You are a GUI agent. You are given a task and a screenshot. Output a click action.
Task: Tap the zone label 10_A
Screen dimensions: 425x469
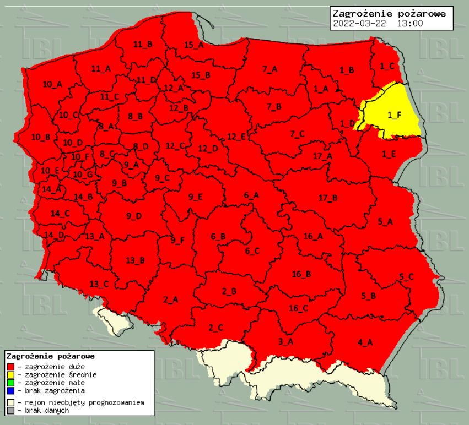52,84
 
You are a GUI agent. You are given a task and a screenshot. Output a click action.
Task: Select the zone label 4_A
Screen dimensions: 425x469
365,342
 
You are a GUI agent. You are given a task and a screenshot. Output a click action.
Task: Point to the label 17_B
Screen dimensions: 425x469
328,198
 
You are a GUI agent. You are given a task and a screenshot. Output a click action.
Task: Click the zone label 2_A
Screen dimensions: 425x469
171,299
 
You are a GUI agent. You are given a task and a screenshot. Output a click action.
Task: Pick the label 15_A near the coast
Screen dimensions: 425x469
193,45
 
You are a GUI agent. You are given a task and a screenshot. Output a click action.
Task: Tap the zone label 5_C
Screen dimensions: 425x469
406,276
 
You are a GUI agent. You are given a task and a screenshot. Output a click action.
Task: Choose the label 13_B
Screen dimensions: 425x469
135,260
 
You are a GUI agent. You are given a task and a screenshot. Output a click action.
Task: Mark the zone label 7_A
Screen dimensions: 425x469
270,69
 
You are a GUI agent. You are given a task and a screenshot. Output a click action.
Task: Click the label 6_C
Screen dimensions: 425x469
252,251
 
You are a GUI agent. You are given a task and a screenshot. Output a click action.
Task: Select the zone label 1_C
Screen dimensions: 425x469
387,66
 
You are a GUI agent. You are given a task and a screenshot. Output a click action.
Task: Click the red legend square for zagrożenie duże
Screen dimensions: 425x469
10,366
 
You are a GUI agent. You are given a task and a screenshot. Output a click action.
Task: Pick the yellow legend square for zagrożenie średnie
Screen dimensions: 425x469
10,374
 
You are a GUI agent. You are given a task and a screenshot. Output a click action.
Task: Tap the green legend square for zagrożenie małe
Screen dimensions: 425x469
10,382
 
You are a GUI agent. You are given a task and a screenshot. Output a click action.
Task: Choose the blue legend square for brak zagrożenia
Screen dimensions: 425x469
10,390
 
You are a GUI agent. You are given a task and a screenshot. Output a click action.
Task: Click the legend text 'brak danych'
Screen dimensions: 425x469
47,411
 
